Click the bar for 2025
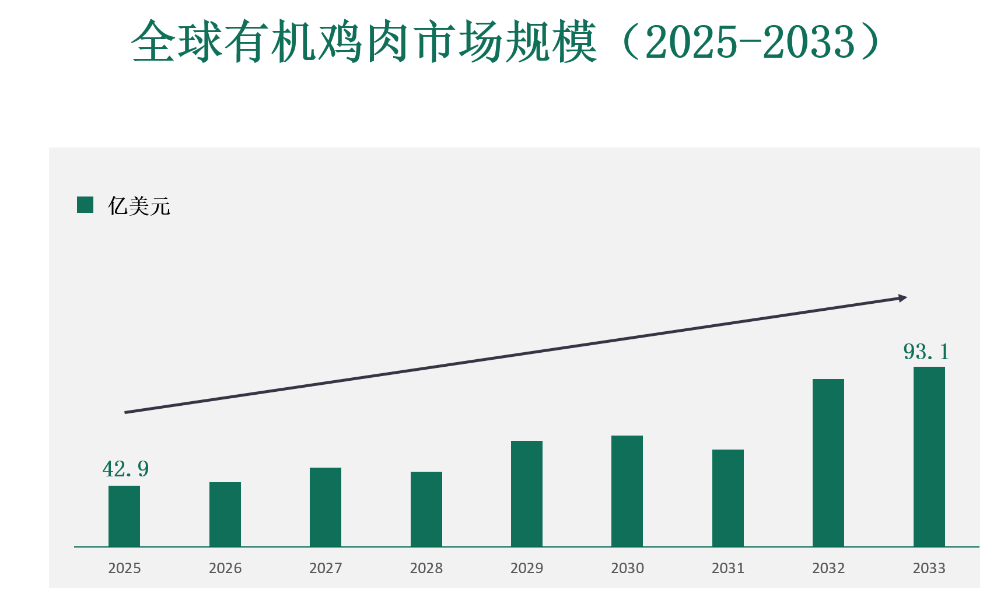coord(124,516)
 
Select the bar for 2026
coord(225,514)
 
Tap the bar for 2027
coord(326,507)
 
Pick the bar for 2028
coord(426,509)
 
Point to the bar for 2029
coord(527,494)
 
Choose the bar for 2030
coord(627,491)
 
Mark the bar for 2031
coord(728,498)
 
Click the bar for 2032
coord(828,463)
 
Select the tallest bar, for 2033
coord(929,457)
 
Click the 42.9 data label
coord(125,469)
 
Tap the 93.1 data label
coord(926,352)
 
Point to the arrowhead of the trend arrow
coord(903,298)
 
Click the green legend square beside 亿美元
coord(85,205)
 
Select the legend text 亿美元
coord(139,206)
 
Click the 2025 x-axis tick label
coord(124,568)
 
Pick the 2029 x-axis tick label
coord(527,568)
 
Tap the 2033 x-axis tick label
coord(929,568)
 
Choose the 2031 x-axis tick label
coord(728,568)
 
